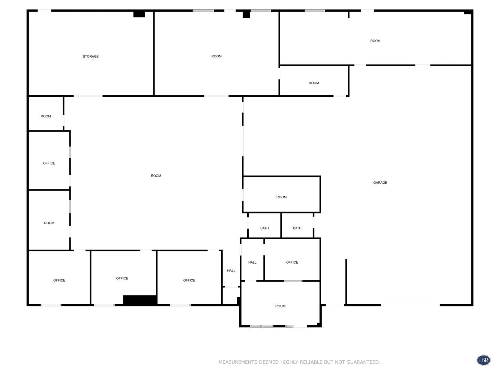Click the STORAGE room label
[90, 56]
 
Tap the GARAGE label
[380, 182]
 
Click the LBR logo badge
[483, 360]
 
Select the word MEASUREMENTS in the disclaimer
[237, 362]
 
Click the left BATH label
[264, 228]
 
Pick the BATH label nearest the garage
[297, 228]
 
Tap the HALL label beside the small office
[252, 262]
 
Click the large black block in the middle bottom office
[140, 300]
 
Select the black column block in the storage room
[139, 14]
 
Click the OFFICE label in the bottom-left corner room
[59, 280]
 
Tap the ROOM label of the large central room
[156, 175]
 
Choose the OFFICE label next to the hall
[292, 262]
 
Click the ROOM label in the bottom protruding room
[280, 306]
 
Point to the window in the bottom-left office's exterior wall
[51, 305]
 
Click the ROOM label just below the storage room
[45, 116]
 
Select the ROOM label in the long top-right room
[375, 41]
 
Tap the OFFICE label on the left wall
[49, 163]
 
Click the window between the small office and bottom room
[293, 281]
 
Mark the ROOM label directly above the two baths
[281, 197]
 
